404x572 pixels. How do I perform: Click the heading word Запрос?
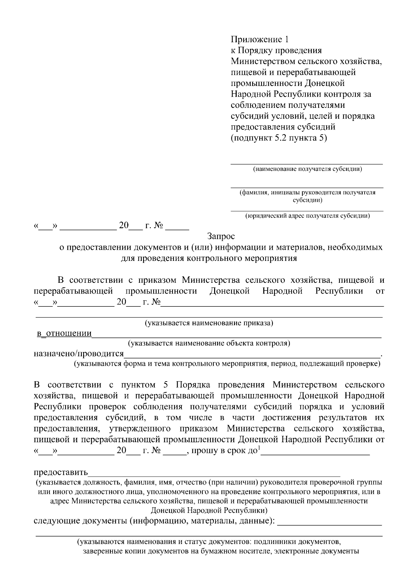coord(221,236)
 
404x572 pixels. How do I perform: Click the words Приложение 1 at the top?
coord(260,39)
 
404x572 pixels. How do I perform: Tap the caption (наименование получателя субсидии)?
coord(307,169)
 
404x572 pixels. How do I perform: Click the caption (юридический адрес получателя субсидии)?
coord(307,216)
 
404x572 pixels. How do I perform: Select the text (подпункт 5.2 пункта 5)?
coord(279,138)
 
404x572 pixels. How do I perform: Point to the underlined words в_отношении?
coord(64,334)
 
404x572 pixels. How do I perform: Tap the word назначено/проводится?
coord(79,354)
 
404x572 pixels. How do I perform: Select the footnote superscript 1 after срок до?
coord(259,448)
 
